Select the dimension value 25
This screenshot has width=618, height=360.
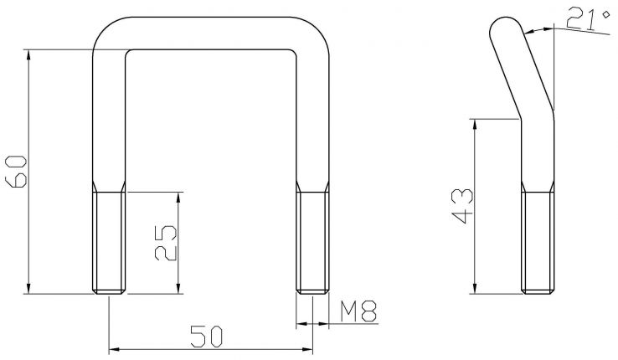tap(167, 243)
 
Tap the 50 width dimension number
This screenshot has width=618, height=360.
tap(206, 337)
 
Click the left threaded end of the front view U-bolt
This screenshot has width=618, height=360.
tap(110, 242)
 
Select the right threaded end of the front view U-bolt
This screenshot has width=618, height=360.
tap(312, 242)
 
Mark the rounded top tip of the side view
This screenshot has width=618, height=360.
tap(502, 26)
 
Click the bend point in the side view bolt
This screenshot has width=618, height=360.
tap(536, 120)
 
